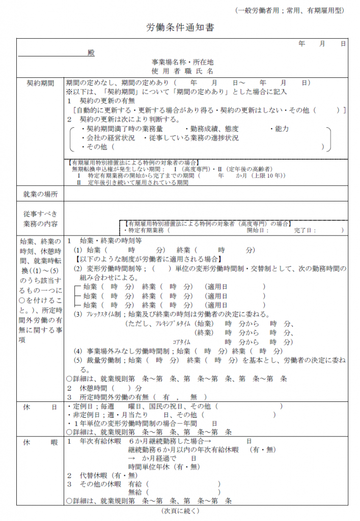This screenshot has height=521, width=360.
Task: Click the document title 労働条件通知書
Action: (180, 27)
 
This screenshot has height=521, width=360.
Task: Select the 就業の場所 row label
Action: (40, 195)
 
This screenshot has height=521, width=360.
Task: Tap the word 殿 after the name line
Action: (91, 53)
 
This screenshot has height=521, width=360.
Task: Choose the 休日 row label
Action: (40, 407)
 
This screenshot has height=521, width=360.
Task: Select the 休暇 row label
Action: (40, 443)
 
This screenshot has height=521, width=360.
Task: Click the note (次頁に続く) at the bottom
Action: (180, 510)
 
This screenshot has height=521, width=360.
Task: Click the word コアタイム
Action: (182, 342)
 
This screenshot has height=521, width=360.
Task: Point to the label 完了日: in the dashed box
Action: (305, 230)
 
